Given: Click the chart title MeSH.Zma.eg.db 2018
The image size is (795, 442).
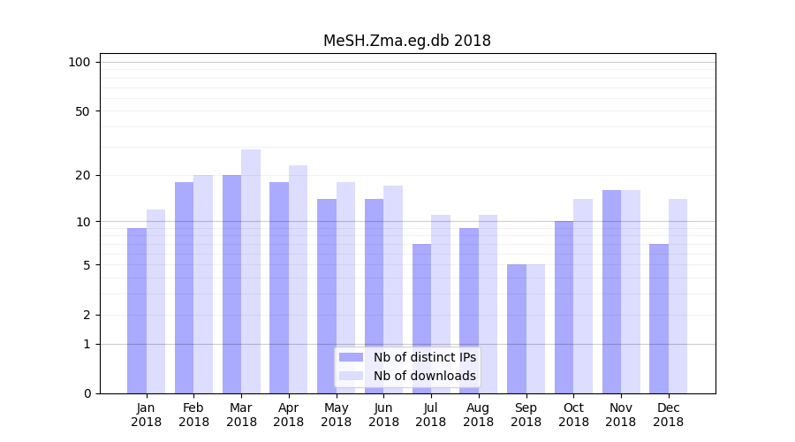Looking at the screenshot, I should click(406, 41).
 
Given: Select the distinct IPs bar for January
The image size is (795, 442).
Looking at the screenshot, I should click(137, 309).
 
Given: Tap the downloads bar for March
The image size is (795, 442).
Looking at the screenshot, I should click(251, 271).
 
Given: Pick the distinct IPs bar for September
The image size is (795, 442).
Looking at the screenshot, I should click(517, 328).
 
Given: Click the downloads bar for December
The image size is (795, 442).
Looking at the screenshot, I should click(678, 295).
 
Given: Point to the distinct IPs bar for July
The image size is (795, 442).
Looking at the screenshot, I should click(421, 318).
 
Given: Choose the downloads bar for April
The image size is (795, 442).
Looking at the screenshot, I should click(298, 278).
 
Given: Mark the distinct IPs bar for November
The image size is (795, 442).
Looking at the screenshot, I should click(611, 291).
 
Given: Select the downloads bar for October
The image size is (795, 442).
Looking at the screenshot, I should click(583, 295).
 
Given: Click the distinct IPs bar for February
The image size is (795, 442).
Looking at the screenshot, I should click(184, 287).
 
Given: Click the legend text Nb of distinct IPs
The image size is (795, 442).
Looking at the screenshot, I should click(424, 357).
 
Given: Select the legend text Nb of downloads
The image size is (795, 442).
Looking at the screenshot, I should click(424, 376).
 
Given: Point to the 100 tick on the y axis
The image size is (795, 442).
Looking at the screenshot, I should click(79, 62).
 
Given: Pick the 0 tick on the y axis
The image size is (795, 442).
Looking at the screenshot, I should click(87, 393).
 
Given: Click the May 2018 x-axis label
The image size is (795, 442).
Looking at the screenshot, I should click(336, 415).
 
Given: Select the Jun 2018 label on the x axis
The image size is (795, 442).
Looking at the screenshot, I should click(383, 415).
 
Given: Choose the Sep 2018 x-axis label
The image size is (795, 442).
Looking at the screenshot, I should click(526, 415).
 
